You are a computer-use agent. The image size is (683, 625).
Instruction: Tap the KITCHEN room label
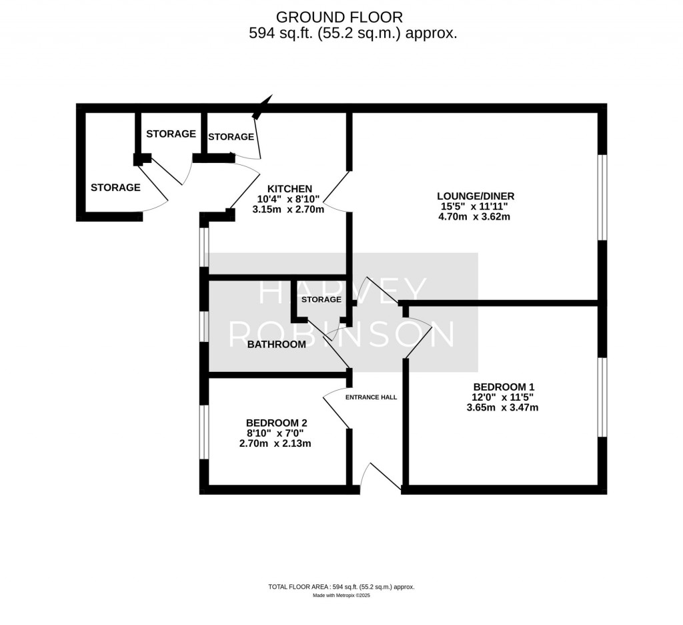pyautogui.click(x=289, y=188)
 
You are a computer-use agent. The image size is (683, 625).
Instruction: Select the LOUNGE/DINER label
pyautogui.click(x=476, y=196)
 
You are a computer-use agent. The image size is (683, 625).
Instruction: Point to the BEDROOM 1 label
pyautogui.click(x=504, y=387)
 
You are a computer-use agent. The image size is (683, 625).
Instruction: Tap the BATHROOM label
pyautogui.click(x=276, y=345)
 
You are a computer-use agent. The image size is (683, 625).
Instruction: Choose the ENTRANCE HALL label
pyautogui.click(x=371, y=397)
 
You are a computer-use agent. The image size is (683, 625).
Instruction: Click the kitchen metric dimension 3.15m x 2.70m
pyautogui.click(x=288, y=209)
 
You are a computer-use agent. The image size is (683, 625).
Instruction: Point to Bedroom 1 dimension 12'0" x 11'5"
pyautogui.click(x=503, y=397)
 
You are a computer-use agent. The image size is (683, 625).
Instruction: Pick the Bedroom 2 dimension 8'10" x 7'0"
pyautogui.click(x=276, y=433)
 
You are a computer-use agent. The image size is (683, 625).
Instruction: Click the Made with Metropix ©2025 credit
pyautogui.click(x=341, y=595)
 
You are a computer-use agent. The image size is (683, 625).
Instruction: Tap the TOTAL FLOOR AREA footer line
pyautogui.click(x=341, y=587)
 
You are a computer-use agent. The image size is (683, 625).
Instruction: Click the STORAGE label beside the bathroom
pyautogui.click(x=321, y=300)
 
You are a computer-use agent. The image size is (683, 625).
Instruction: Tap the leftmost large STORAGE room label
pyautogui.click(x=115, y=188)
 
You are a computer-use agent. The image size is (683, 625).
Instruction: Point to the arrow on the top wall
pyautogui.click(x=265, y=105)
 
